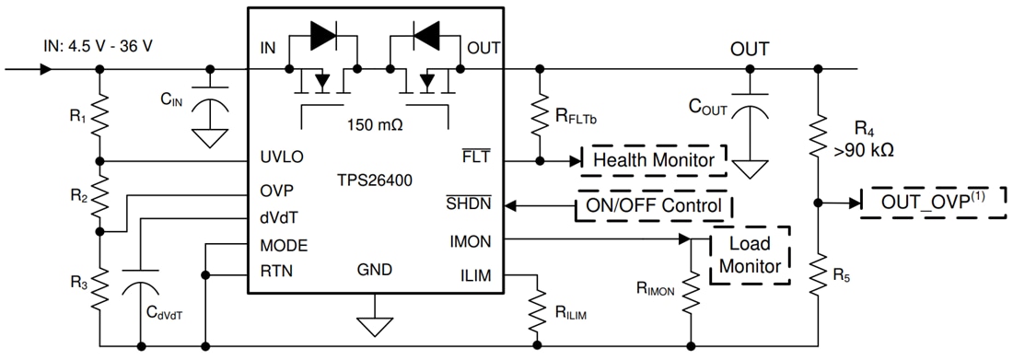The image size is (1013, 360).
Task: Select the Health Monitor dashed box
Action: click(x=653, y=159)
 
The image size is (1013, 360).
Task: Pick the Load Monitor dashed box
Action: click(x=750, y=255)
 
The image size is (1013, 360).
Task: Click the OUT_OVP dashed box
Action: click(x=930, y=202)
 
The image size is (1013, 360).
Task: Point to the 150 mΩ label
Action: click(x=374, y=123)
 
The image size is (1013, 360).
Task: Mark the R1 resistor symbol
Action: click(x=100, y=118)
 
